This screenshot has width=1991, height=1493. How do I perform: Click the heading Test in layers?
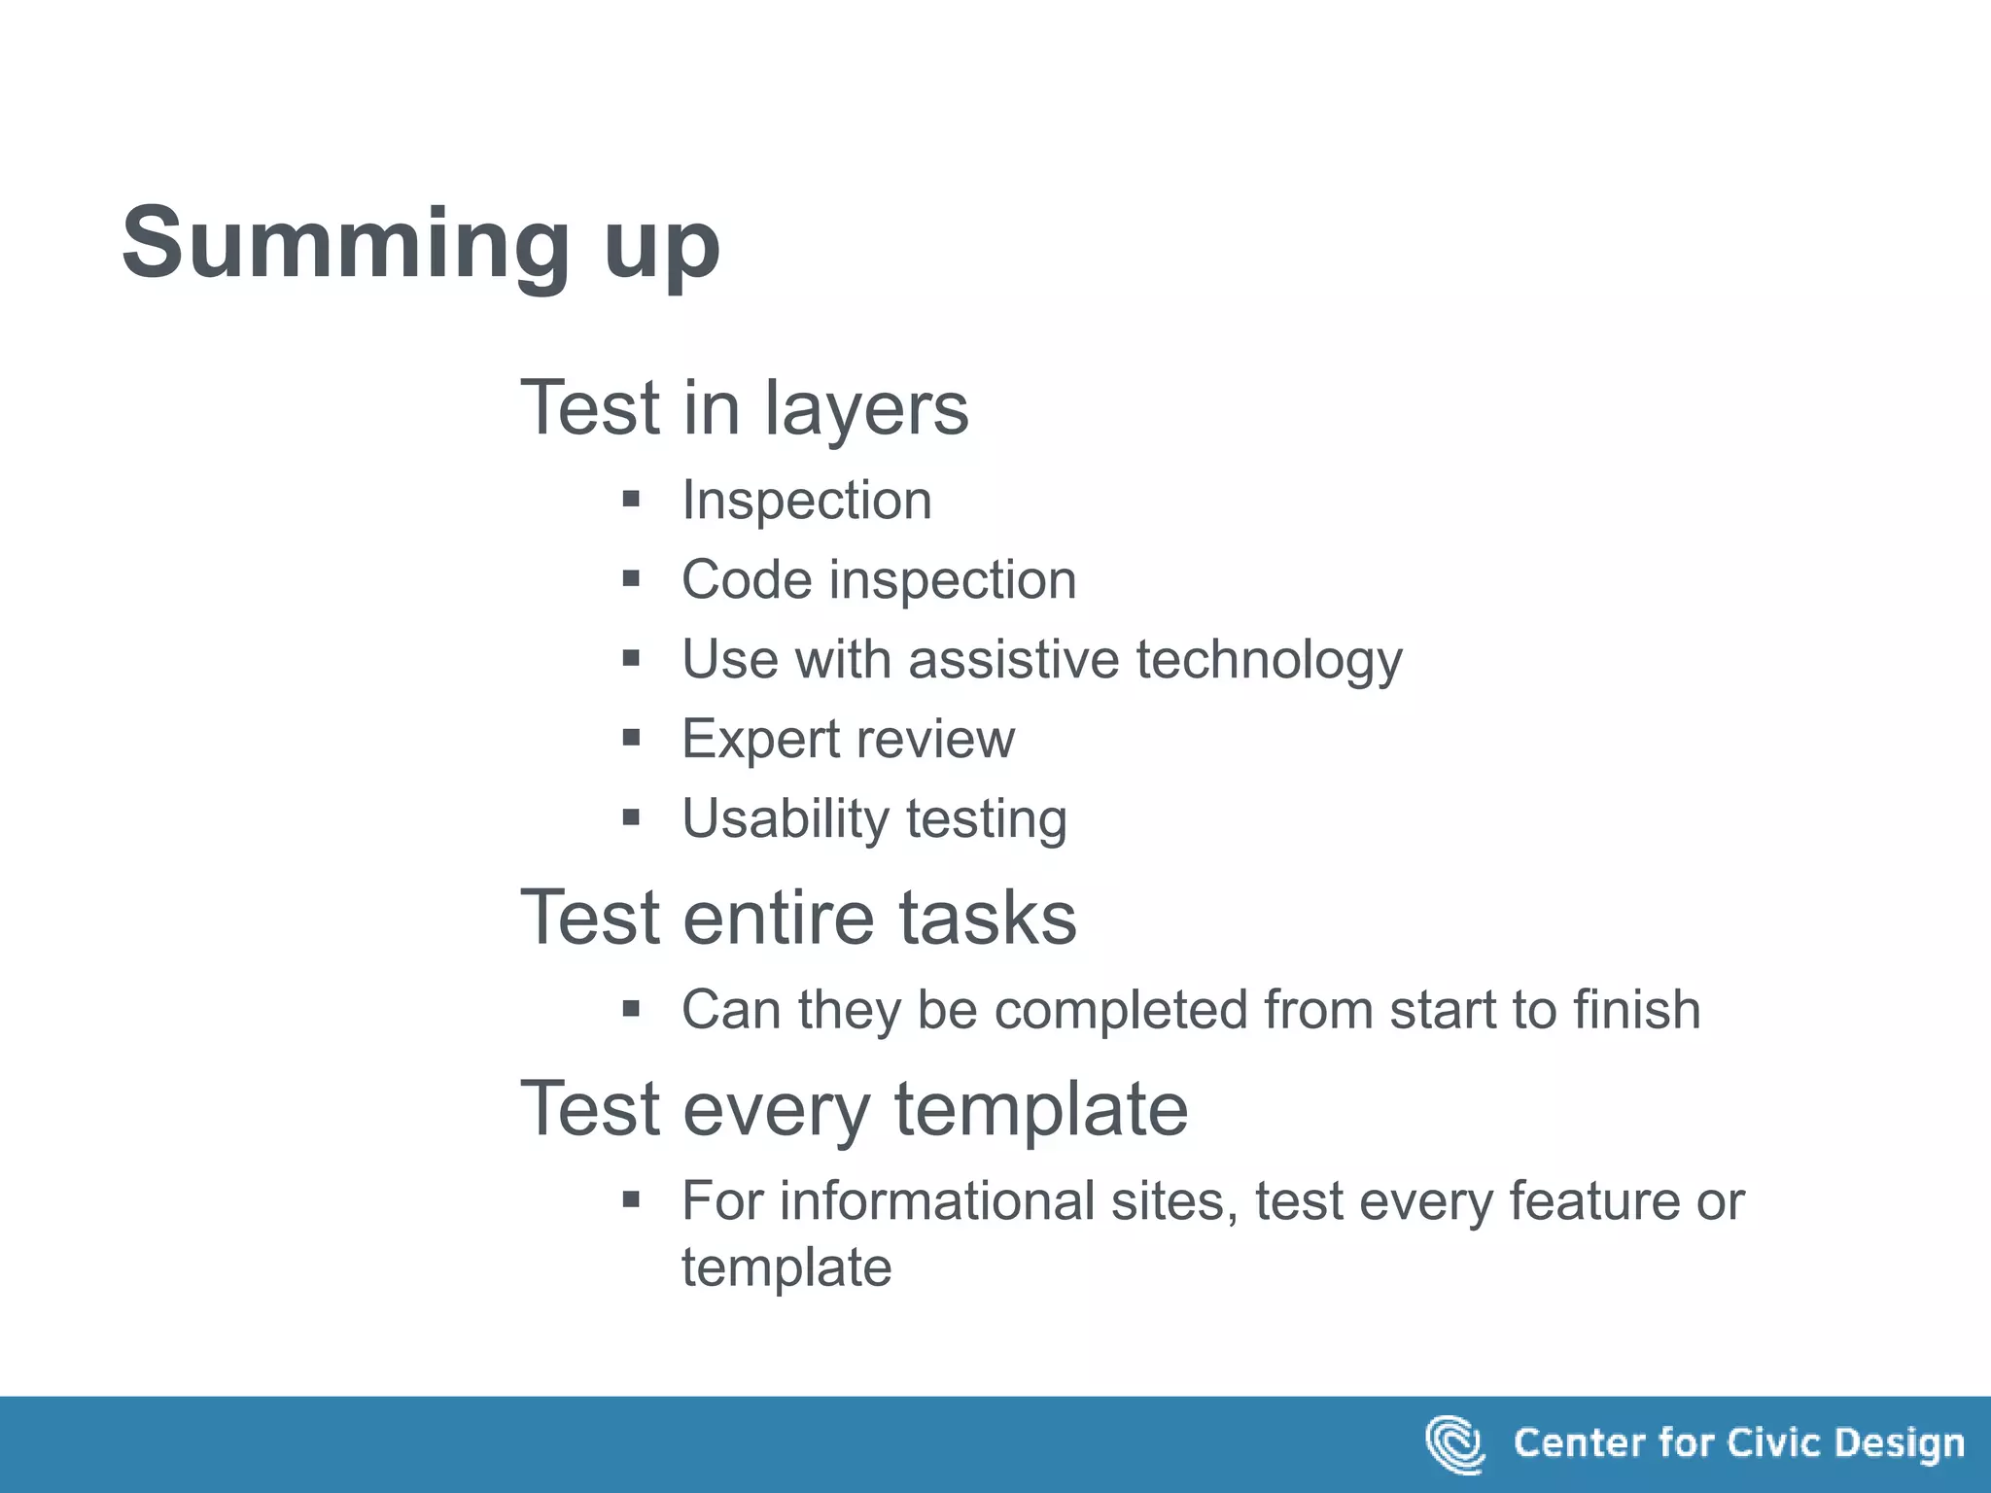[745, 408]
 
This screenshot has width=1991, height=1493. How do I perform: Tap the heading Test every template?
[855, 1109]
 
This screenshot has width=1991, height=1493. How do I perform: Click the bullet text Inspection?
[806, 501]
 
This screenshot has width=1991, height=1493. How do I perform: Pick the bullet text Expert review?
[848, 740]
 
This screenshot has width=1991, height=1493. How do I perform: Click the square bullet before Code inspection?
[631, 580]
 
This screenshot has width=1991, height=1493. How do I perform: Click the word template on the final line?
[786, 1268]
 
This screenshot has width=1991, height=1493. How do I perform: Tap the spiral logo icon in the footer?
[1454, 1444]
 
